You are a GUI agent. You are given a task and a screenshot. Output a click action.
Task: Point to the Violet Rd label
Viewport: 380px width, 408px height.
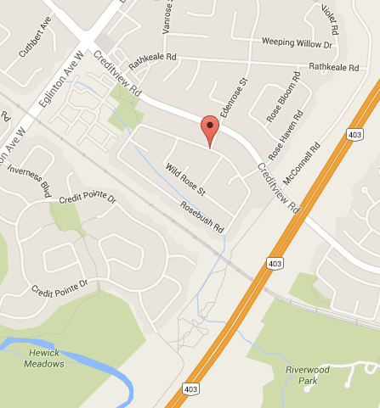coord(331,15)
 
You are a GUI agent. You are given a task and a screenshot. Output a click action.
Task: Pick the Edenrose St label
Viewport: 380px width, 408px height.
coord(231,98)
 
